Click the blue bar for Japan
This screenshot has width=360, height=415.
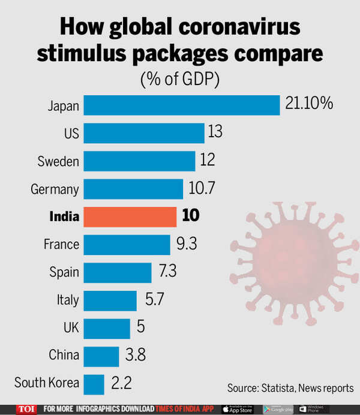[x=181, y=105]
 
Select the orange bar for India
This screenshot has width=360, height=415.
[x=130, y=216]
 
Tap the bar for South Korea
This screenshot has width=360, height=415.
[x=94, y=383]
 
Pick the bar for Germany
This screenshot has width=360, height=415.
[x=133, y=189]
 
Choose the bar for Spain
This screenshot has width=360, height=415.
[x=117, y=272]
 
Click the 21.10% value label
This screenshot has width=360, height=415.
[x=309, y=104]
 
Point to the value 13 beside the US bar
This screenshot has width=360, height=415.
[x=214, y=132]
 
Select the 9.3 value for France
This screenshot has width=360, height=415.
[x=186, y=244]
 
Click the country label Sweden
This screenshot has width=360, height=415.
[x=58, y=161]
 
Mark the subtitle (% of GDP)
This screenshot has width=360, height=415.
[x=180, y=79]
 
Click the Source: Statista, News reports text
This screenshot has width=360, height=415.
[x=290, y=388]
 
